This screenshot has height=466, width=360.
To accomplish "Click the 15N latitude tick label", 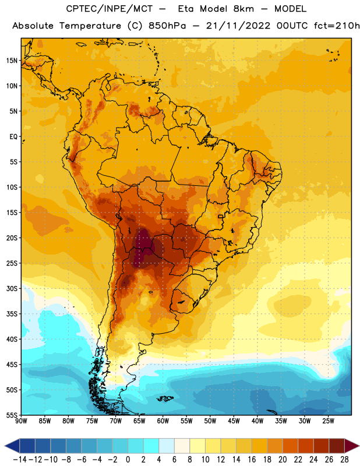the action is pyautogui.click(x=12, y=61).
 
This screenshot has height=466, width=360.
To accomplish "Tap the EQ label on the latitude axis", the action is pyautogui.click(x=13, y=137).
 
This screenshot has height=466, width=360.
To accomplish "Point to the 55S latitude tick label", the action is pyautogui.click(x=12, y=415).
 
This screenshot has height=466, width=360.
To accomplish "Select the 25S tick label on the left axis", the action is pyautogui.click(x=12, y=263).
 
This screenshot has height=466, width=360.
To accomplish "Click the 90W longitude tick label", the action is pyautogui.click(x=21, y=421).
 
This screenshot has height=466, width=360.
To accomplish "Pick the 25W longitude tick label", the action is pyautogui.click(x=328, y=421).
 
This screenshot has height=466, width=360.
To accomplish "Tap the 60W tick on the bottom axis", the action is pyautogui.click(x=163, y=421).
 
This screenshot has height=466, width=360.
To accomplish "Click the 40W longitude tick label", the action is pyautogui.click(x=257, y=421).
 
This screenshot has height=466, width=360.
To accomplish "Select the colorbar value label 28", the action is pyautogui.click(x=344, y=460).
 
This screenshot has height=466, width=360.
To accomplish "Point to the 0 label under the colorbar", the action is pyautogui.click(x=128, y=460).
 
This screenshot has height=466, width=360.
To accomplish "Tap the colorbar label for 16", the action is pyautogui.click(x=252, y=460).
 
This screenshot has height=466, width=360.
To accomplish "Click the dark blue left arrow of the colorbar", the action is pyautogui.click(x=12, y=446).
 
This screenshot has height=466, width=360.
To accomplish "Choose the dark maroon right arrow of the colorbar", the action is pyautogui.click(x=352, y=446).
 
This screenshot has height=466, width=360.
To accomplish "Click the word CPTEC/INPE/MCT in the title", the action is pyautogui.click(x=110, y=9).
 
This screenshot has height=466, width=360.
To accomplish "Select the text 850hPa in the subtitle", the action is pyautogui.click(x=167, y=26).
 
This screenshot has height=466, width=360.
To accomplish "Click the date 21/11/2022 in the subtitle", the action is pyautogui.click(x=238, y=26).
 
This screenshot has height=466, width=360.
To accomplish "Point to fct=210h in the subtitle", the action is pyautogui.click(x=337, y=26).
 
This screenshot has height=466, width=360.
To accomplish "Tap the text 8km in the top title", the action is pyautogui.click(x=243, y=9).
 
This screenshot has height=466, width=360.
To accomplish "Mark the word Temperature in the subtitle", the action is pyautogui.click(x=90, y=26).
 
